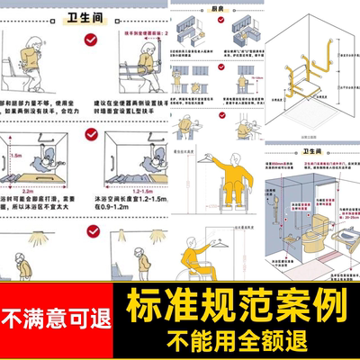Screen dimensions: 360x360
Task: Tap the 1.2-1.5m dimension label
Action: (129, 193)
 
